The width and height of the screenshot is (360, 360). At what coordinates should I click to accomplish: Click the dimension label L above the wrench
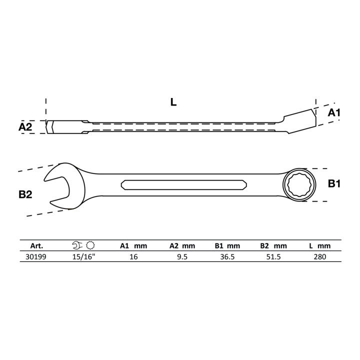173,102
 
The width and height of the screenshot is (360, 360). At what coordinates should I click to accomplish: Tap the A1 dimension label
334,112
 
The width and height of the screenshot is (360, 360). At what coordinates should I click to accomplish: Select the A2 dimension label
25,127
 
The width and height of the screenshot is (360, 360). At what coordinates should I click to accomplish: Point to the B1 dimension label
334,183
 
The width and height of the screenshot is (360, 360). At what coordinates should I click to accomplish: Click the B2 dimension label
25,194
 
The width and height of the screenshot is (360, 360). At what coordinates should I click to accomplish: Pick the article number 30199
36,256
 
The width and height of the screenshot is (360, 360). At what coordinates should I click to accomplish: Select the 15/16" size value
83,256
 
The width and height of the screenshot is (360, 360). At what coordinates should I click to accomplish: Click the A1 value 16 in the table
133,256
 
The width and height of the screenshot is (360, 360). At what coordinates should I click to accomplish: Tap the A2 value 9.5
182,256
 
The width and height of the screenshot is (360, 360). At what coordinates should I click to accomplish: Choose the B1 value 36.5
227,256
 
